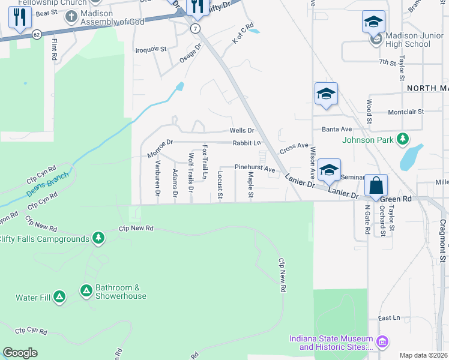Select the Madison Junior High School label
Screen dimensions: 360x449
tap(408, 40)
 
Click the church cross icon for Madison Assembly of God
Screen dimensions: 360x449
tap(71, 15)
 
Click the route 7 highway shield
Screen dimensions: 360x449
tap(195, 28)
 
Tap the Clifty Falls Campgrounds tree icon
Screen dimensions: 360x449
tap(98, 239)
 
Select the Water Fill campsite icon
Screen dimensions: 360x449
tap(59, 296)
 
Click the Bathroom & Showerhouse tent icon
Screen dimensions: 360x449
tap(86, 291)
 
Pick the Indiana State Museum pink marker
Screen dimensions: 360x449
tap(382, 343)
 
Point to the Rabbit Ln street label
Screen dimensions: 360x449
tap(247, 143)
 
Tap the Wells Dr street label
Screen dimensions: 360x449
tap(243, 130)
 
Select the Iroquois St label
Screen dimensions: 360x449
tap(150, 49)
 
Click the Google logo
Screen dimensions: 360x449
tap(20, 353)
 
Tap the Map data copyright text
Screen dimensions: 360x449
tap(424, 355)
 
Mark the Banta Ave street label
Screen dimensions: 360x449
tap(337, 129)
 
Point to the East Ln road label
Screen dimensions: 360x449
tap(389, 319)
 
